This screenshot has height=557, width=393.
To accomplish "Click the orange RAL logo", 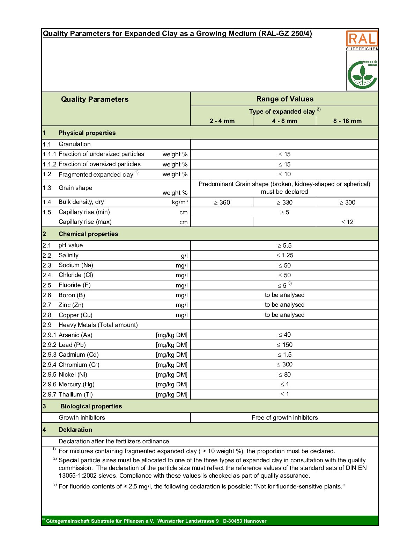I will [x=362, y=39].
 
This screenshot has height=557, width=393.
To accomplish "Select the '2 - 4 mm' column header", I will [x=222, y=121].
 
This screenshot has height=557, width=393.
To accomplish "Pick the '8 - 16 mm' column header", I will [x=347, y=121].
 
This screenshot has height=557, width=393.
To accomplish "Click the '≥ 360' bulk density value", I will [x=222, y=202].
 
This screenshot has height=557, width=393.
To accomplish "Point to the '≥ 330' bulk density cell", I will [x=284, y=202].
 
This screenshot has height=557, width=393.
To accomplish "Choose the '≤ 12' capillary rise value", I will [x=347, y=222].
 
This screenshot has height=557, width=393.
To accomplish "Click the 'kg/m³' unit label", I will [x=180, y=202].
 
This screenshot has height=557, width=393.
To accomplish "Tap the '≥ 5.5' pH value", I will [x=284, y=245].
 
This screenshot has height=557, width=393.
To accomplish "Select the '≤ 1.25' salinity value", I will [x=284, y=255].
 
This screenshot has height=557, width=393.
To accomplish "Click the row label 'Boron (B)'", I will [x=72, y=295].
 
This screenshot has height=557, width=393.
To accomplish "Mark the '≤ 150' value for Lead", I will [x=284, y=345].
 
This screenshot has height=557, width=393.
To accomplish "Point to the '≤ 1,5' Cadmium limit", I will [x=284, y=355].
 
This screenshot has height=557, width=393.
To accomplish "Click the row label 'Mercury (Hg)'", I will [x=76, y=384].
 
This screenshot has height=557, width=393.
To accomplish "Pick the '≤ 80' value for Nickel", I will [x=284, y=374].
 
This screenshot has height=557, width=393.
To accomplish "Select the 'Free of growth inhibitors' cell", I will [x=284, y=417].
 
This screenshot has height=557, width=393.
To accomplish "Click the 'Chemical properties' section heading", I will [x=88, y=234].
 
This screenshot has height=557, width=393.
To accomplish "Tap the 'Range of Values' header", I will [x=285, y=99].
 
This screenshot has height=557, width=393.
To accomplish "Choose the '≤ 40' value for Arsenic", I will [x=284, y=335].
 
